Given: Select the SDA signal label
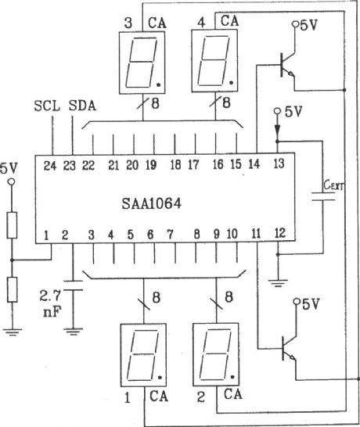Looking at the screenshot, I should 79,106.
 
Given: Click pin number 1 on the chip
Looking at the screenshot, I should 46,234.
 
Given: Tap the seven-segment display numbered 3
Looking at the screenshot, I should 141,63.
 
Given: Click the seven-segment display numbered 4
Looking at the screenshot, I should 214,63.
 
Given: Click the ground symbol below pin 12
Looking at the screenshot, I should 278,278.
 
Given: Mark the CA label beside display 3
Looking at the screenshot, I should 159,22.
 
